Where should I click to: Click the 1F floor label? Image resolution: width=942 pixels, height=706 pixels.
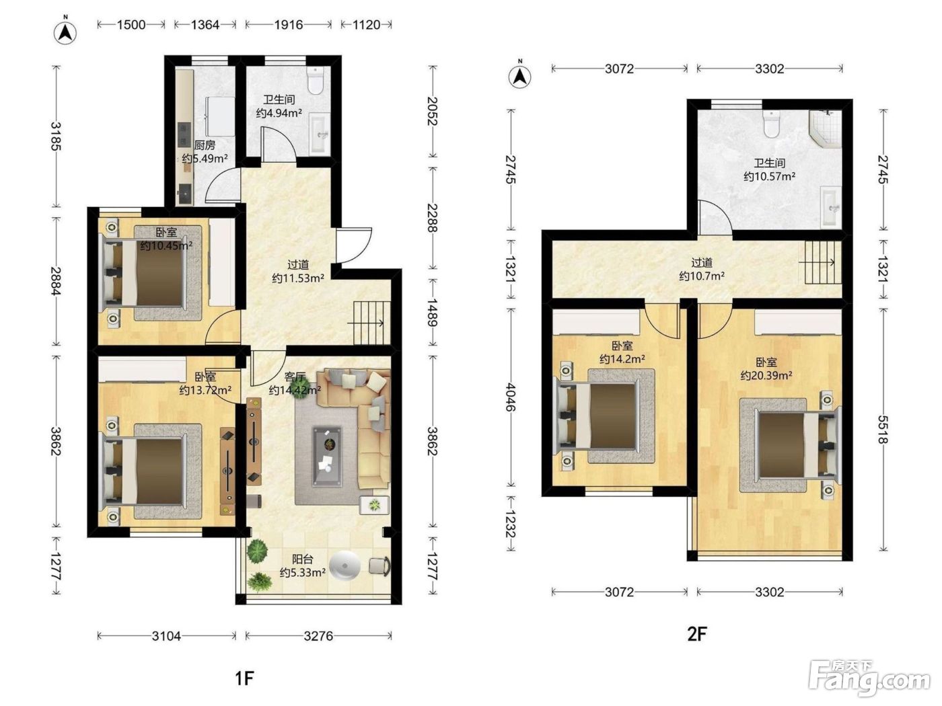tap(244, 678)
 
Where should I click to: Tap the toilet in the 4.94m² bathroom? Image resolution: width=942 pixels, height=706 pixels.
tap(315, 80)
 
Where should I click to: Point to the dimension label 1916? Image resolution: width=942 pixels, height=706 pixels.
tap(289, 25)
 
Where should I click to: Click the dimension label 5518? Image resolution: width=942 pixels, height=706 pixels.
tap(883, 429)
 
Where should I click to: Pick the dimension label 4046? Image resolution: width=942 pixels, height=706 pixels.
tap(510, 397)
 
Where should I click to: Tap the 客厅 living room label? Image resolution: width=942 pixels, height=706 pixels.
tap(295, 377)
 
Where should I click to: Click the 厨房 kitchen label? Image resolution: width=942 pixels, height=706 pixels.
tap(205, 145)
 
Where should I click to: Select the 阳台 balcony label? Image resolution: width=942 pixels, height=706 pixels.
tap(302, 559)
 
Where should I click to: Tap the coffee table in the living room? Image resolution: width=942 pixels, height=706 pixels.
tap(328, 456)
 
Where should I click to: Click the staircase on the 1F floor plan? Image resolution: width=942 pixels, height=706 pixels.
tap(371, 323)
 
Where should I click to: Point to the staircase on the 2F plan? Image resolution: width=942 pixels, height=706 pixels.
tap(823, 262)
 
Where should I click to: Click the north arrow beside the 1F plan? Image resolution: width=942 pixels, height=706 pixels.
tap(65, 32)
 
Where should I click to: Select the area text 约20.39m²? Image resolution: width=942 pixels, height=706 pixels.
tap(766, 375)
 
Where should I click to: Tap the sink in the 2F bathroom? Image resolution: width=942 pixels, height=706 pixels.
tap(830, 208)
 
